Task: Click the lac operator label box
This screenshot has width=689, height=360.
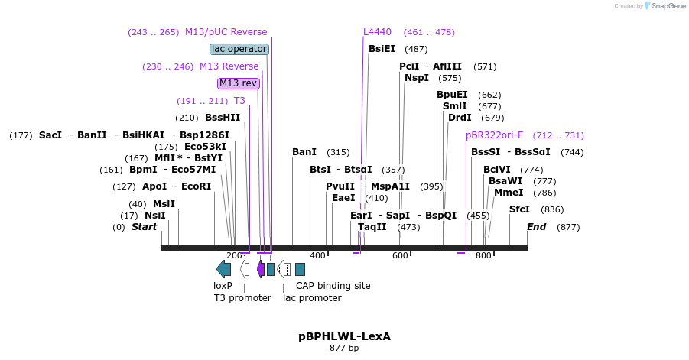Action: tap(239, 49)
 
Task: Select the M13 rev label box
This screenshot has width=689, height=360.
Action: tap(239, 83)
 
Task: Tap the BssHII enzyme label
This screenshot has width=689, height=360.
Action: tap(223, 118)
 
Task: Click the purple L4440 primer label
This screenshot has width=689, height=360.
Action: tap(377, 32)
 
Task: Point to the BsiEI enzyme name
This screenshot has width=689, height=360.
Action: tap(382, 49)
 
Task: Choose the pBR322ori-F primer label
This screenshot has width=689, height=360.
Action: tap(494, 135)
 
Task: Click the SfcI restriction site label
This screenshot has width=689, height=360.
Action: tap(519, 209)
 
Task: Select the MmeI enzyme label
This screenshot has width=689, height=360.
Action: tap(509, 193)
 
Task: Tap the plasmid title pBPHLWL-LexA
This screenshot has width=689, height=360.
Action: tap(344, 336)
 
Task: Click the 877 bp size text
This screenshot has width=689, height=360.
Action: tap(344, 349)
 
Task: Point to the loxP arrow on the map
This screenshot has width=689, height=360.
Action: tap(223, 268)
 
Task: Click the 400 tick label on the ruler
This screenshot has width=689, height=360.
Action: tap(317, 255)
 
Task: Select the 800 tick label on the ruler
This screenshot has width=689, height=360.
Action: tap(483, 255)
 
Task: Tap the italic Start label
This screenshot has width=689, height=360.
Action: tap(144, 227)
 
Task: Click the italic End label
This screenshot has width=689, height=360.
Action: tap(537, 227)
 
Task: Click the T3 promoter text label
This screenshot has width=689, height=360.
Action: tap(242, 297)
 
